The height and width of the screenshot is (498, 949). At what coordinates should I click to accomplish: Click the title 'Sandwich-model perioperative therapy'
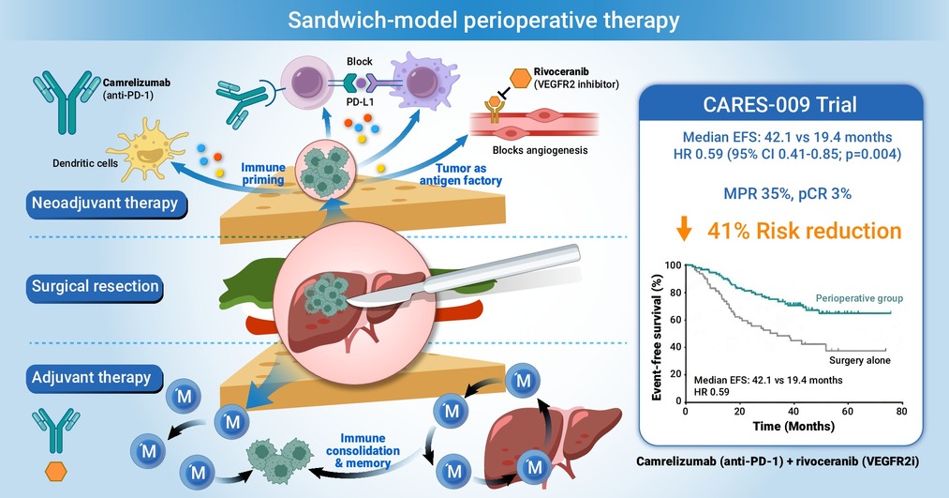click(483, 20)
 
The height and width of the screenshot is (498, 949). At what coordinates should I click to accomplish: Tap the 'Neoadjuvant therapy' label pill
click(105, 203)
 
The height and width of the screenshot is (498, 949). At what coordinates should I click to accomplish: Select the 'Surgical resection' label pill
click(95, 286)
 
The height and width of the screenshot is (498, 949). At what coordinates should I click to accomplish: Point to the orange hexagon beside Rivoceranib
click(521, 77)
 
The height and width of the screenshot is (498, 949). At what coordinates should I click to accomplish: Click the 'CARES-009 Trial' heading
click(779, 105)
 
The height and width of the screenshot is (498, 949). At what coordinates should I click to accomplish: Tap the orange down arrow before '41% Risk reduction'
click(684, 230)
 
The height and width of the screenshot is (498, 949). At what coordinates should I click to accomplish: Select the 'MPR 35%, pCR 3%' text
click(788, 194)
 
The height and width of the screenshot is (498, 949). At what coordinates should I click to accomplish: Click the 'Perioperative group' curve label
click(859, 298)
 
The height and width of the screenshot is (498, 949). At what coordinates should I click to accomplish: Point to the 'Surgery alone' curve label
click(859, 360)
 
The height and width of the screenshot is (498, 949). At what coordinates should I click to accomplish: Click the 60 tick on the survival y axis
click(675, 320)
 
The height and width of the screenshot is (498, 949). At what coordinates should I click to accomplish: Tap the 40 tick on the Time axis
click(793, 412)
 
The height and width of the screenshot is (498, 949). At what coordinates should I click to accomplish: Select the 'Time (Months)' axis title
click(793, 427)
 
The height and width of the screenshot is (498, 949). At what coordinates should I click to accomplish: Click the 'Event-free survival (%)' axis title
click(656, 338)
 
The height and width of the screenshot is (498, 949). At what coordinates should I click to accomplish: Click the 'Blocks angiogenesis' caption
click(540, 150)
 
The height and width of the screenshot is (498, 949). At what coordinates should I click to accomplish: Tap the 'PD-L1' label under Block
click(360, 102)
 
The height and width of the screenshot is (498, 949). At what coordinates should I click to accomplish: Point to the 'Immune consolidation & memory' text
click(363, 451)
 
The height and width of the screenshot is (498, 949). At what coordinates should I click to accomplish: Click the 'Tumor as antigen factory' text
click(461, 174)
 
